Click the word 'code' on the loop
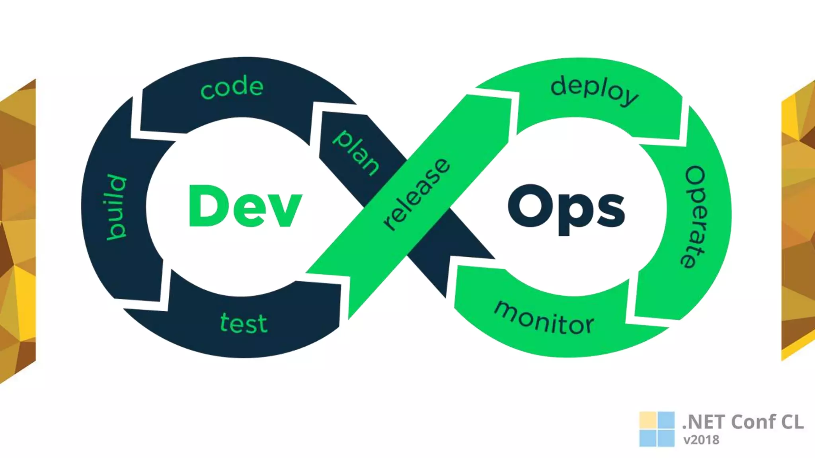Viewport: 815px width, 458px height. tap(232, 87)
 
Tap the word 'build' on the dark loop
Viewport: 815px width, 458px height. tap(116, 207)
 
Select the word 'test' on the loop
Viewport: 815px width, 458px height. tap(244, 323)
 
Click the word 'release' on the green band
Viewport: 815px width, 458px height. tap(416, 194)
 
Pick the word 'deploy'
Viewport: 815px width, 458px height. tap(594, 91)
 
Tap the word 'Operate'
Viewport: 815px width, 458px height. tap(694, 217)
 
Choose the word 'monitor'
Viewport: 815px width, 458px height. tap(544, 318)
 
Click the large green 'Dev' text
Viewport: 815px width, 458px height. tap(245, 207)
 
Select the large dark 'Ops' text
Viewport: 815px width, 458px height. tap(566, 209)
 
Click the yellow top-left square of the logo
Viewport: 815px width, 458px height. tap(647, 420)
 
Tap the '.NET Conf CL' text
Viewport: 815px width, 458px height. tap(743, 422)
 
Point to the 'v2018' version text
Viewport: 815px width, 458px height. tap(701, 440)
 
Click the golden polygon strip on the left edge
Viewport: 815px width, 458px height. tap(18, 231)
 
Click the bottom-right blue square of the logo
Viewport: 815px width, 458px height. tap(666, 438)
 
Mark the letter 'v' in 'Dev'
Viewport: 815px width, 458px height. tap(285, 211)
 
